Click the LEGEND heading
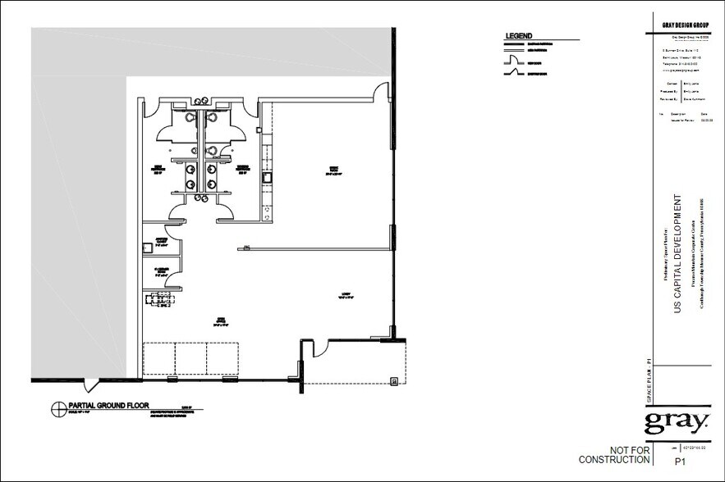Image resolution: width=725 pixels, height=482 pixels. point(519,36)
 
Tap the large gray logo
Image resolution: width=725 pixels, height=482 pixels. point(677,424)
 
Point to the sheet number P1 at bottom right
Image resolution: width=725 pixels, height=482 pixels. point(680,462)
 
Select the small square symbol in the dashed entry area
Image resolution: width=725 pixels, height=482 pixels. point(395,380)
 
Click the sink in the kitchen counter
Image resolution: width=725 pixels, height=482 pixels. point(266,177)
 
